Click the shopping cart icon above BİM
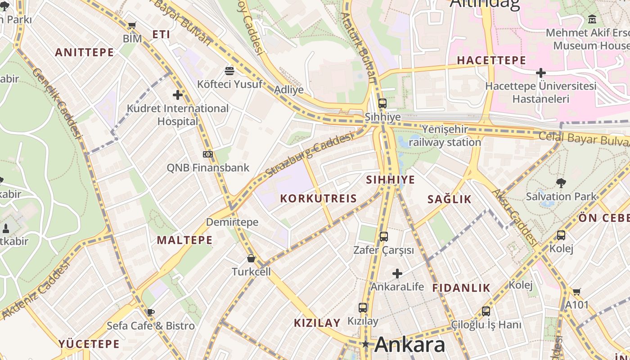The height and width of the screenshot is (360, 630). click(x=132, y=26)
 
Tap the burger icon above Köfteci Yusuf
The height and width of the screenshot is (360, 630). click(x=229, y=71)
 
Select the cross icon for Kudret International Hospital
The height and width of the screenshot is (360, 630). click(x=178, y=95)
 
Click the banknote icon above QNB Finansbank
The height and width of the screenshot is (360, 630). click(x=208, y=154)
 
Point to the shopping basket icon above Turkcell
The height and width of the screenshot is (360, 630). click(x=251, y=258)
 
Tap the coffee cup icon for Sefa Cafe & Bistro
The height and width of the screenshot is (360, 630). click(x=150, y=312)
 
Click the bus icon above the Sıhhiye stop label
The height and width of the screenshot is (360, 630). click(x=382, y=103)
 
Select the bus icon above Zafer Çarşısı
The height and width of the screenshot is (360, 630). click(x=383, y=236)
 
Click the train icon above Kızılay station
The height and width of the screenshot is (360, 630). click(x=363, y=308)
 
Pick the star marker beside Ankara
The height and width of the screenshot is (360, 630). click(x=366, y=344)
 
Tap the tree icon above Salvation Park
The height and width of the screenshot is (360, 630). click(x=561, y=183)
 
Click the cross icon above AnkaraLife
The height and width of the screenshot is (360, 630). click(x=397, y=273)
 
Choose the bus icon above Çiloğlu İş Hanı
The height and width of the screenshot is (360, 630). click(x=486, y=311)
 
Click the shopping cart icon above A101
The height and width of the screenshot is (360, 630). click(x=576, y=292)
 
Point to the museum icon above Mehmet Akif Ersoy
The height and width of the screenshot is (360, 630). click(x=592, y=19)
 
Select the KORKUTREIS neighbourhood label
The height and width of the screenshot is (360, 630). click(x=318, y=198)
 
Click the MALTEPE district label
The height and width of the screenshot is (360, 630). click(x=184, y=240)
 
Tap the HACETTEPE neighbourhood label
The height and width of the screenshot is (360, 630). click(x=491, y=60)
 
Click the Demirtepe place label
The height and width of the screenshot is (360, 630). click(x=232, y=222)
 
